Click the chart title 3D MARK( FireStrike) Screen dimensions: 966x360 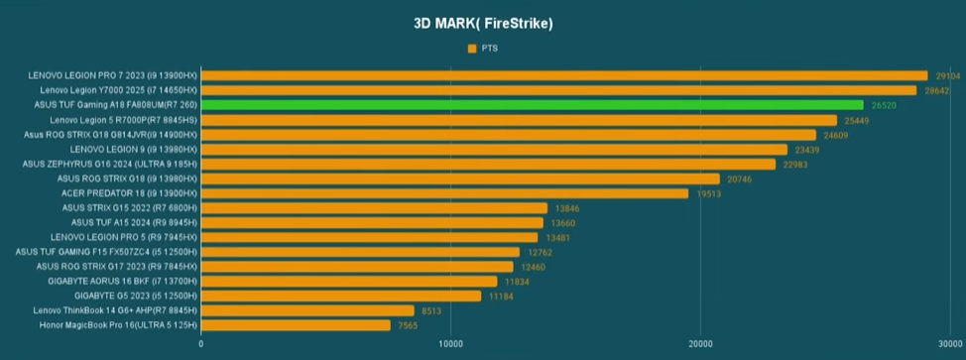(x=483, y=24)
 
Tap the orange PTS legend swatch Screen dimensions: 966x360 (x=472, y=49)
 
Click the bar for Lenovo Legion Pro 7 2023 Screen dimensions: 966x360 (x=564, y=75)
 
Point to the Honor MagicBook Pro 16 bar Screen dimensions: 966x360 (x=296, y=325)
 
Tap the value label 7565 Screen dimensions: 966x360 (x=408, y=325)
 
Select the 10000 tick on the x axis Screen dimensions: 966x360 (x=450, y=343)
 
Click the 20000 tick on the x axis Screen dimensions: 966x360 (x=700, y=343)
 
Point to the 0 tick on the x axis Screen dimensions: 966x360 (x=201, y=343)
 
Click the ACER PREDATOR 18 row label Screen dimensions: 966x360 (x=129, y=193)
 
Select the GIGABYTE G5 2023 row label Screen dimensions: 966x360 (x=136, y=296)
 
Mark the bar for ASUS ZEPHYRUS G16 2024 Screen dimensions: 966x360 (x=489, y=164)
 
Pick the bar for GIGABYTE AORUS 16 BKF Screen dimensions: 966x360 (x=349, y=281)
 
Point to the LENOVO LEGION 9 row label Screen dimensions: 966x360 (x=134, y=149)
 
